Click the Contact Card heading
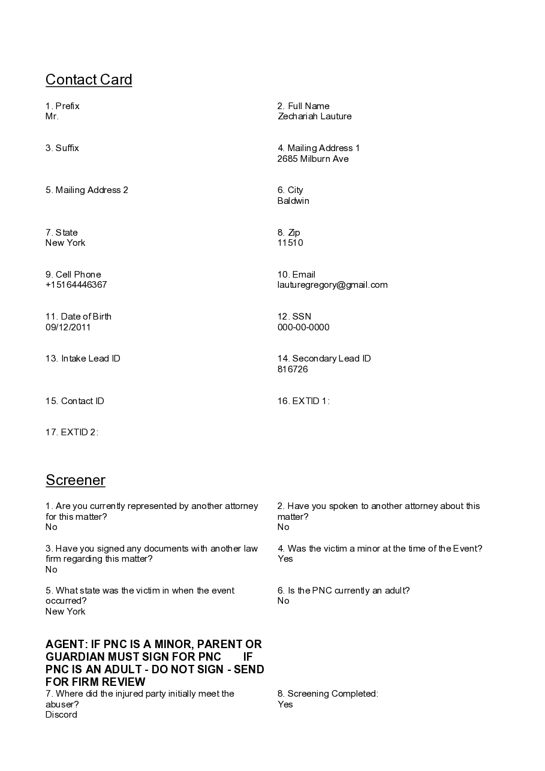click(x=89, y=80)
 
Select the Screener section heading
click(x=76, y=480)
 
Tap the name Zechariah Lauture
click(x=314, y=116)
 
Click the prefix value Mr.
click(x=52, y=116)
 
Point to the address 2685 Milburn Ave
click(x=312, y=159)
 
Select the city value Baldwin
click(x=293, y=201)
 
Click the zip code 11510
click(x=290, y=243)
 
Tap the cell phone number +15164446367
click(x=76, y=285)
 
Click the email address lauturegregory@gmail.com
click(x=332, y=285)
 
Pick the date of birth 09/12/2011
click(x=68, y=327)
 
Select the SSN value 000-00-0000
click(x=303, y=327)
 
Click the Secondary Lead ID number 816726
click(x=293, y=369)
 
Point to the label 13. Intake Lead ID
click(x=83, y=359)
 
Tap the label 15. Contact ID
click(x=75, y=401)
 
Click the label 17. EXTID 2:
click(x=72, y=432)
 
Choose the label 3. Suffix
click(x=62, y=148)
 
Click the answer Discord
click(x=61, y=715)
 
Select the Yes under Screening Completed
click(x=285, y=704)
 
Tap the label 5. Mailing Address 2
click(x=87, y=190)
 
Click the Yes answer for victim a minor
click(x=285, y=559)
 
